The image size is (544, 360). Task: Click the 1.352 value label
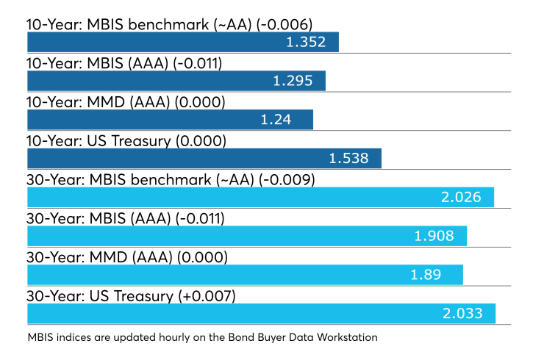click(306, 42)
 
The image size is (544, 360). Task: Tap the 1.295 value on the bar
click(293, 81)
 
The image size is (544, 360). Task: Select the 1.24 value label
click(276, 120)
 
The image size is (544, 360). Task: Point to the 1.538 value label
click(348, 159)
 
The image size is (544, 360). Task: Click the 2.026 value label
click(461, 198)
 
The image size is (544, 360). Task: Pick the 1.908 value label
click(434, 236)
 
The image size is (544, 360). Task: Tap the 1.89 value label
click(426, 275)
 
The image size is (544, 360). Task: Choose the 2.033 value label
click(462, 314)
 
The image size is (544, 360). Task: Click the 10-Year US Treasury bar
click(204, 159)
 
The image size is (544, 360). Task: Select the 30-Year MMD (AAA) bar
click(245, 275)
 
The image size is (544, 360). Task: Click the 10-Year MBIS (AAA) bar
click(176, 81)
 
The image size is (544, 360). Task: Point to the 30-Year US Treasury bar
click(261, 314)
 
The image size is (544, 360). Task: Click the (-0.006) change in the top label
click(284, 25)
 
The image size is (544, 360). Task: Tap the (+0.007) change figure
click(207, 297)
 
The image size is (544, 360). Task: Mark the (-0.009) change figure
click(287, 180)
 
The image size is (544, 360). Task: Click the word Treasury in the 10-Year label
click(141, 142)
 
